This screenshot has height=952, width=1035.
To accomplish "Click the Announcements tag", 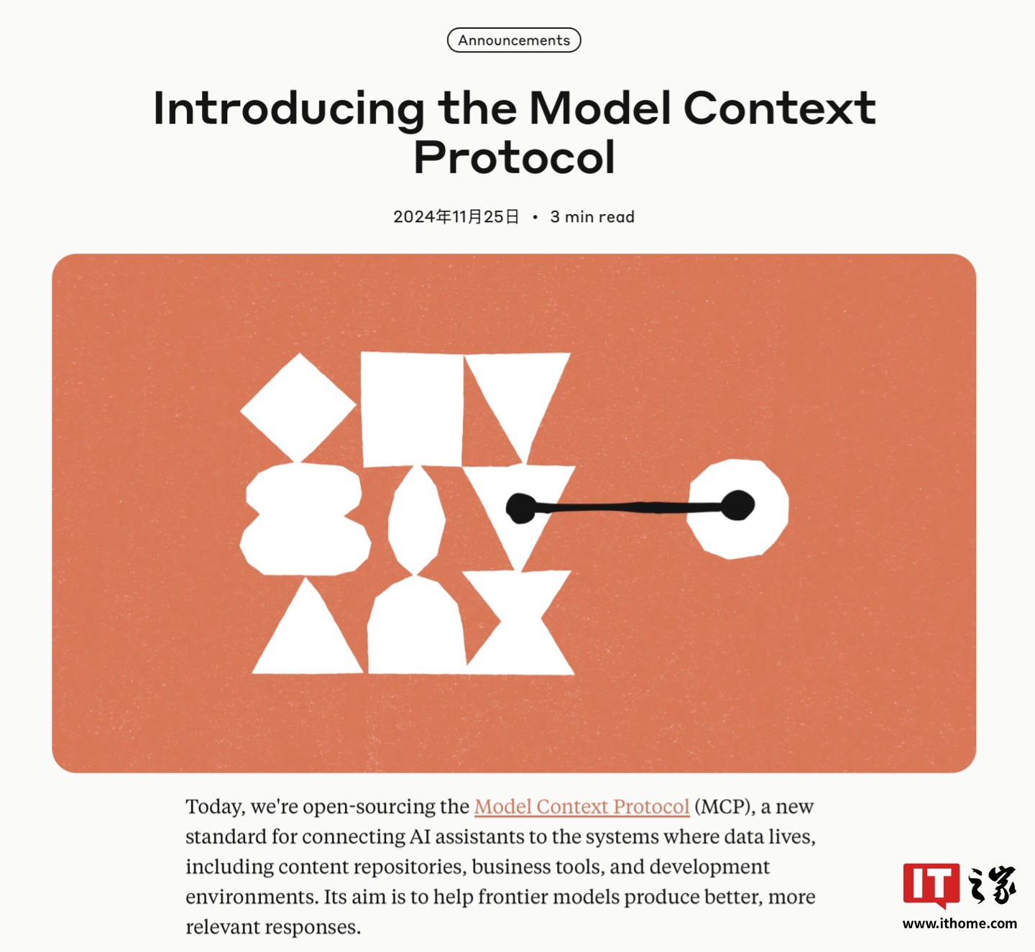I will [x=514, y=40].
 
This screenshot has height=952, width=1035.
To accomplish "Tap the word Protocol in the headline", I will [x=515, y=157].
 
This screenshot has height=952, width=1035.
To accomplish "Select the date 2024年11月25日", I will [x=456, y=217].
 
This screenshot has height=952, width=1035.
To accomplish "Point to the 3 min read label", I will [x=592, y=217].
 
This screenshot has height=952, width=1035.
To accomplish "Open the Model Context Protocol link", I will [x=581, y=807].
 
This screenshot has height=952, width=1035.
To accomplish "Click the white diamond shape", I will [x=298, y=407].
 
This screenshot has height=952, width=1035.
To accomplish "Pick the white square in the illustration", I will [x=411, y=408].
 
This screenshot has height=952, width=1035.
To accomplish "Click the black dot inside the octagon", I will [x=737, y=505].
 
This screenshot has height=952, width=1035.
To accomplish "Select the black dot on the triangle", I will [x=521, y=508].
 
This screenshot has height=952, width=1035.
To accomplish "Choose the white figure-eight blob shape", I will [x=304, y=519].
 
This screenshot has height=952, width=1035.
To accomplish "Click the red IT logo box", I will [x=931, y=884].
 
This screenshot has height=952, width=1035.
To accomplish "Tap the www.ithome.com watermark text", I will [x=960, y=923].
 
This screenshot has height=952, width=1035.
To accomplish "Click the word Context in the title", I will [x=779, y=108].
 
